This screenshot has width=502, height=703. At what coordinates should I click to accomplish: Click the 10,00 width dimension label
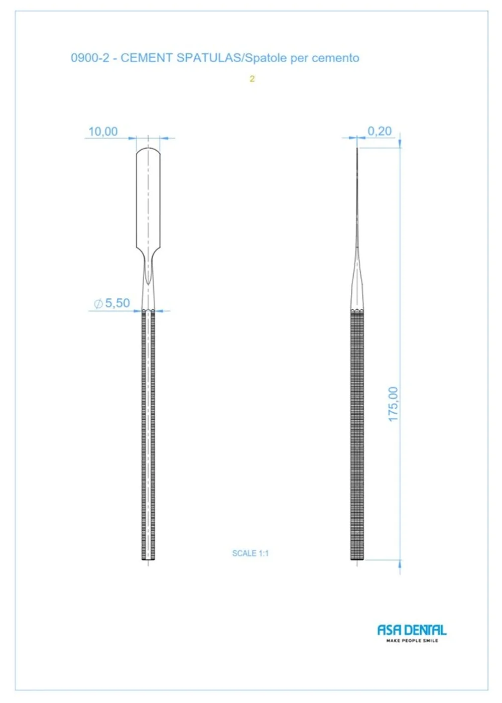tap(103, 132)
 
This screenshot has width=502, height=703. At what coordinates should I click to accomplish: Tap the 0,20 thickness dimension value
tap(380, 131)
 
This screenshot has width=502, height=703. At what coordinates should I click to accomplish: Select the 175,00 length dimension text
tap(393, 404)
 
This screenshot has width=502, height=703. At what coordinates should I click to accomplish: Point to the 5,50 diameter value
tap(117, 303)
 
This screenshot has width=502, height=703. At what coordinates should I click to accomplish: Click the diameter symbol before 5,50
tap(98, 303)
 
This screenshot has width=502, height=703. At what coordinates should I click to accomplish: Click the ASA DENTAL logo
tap(412, 630)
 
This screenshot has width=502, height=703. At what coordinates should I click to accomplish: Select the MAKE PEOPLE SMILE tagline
tap(412, 641)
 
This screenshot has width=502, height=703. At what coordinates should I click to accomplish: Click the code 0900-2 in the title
tap(90, 58)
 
